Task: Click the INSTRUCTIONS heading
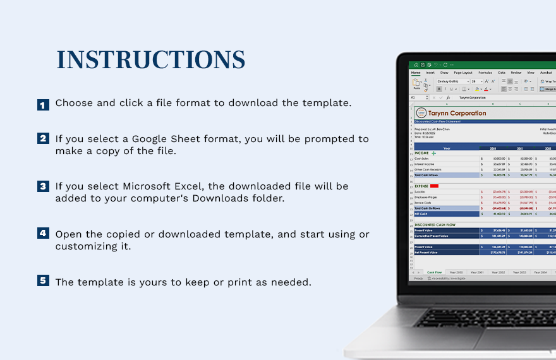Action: point(151,60)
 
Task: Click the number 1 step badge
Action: point(43,105)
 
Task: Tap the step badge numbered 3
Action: point(43,186)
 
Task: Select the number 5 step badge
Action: point(43,280)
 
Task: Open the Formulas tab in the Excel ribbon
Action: point(485,73)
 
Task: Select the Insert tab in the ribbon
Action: point(430,73)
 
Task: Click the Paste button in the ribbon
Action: point(416,85)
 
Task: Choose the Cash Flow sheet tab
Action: point(435,272)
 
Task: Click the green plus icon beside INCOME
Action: point(434,153)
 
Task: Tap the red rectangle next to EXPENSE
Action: point(435,186)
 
